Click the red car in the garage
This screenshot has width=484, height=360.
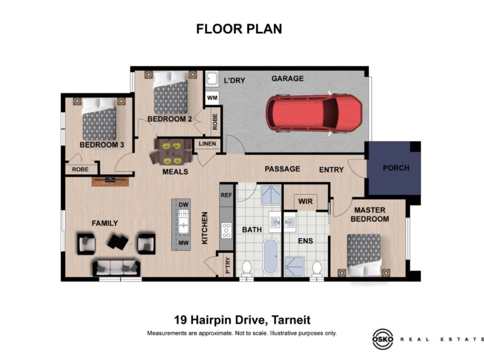(314, 113)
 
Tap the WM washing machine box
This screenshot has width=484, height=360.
(212, 98)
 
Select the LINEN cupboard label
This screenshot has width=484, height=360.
(208, 144)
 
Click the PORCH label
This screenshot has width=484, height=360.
(396, 168)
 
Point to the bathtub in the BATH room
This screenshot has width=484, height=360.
(271, 257)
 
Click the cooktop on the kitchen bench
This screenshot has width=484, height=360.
(227, 230)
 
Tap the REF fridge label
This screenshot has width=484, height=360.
(226, 195)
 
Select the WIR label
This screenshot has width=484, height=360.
(305, 202)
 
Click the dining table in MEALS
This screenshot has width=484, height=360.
(172, 153)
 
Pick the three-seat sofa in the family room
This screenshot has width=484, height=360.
(116, 267)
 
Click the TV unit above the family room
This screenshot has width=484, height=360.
(110, 181)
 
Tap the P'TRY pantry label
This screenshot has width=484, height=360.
(228, 265)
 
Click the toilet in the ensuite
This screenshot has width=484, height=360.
(317, 269)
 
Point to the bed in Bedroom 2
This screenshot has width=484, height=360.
(170, 93)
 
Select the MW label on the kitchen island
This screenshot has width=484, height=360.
(183, 243)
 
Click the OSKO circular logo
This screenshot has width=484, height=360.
(382, 339)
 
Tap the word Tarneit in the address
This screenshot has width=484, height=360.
(291, 320)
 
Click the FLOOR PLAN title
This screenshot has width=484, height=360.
(239, 29)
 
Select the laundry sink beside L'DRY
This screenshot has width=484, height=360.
(212, 79)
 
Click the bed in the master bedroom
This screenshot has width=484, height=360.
(364, 255)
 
